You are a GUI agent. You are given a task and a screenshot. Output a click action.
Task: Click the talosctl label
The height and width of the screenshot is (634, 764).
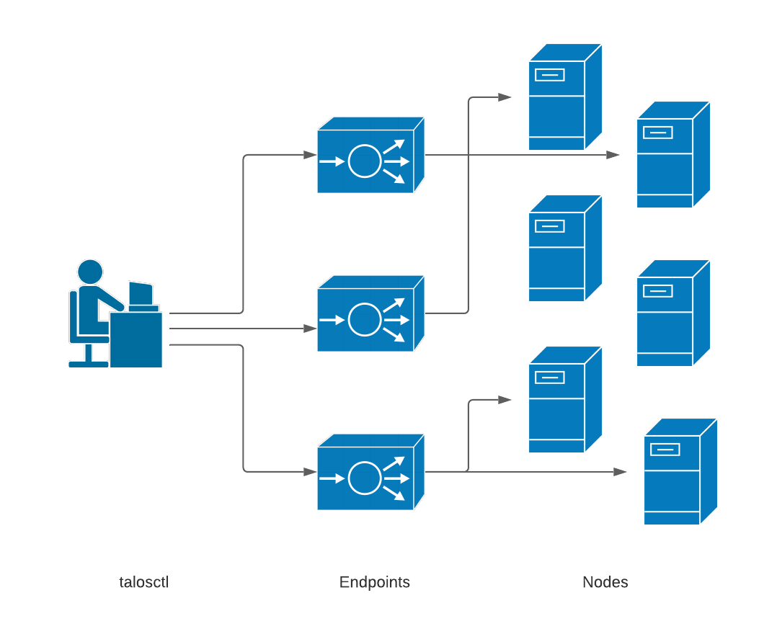(143, 582)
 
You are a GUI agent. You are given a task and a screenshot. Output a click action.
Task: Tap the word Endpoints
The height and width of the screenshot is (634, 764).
(374, 582)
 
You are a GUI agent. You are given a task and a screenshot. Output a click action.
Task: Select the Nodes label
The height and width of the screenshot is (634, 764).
(605, 582)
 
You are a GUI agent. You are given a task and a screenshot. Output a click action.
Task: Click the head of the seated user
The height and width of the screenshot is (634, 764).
(90, 272)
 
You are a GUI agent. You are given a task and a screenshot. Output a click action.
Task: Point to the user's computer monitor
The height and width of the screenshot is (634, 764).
(141, 294)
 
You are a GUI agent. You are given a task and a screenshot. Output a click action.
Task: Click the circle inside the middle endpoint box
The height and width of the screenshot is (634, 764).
(365, 319)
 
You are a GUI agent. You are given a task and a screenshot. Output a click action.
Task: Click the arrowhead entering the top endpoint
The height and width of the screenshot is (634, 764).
(310, 155)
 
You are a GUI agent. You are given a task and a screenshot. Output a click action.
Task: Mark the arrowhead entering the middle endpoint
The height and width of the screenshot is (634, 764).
(310, 329)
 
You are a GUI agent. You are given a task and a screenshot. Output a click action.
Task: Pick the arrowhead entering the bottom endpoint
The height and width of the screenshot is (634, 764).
(310, 472)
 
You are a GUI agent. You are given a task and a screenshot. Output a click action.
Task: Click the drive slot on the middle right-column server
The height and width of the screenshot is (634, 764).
(657, 291)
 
